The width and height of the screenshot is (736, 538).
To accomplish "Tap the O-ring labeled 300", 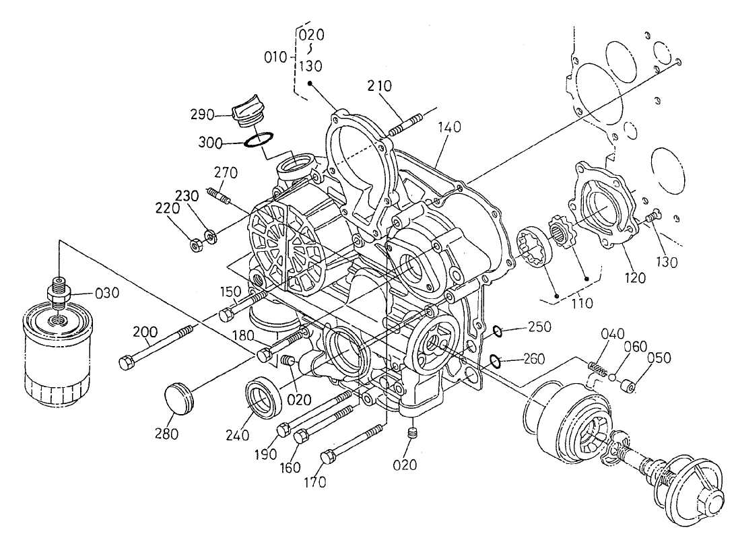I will (x=259, y=141).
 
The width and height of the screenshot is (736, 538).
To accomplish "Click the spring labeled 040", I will (x=597, y=368).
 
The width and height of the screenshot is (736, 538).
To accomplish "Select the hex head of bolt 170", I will (x=328, y=457).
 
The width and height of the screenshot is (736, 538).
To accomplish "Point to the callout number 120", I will (x=634, y=276).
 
